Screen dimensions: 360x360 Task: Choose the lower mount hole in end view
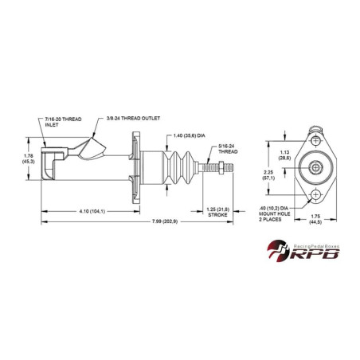click(x=317, y=195)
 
